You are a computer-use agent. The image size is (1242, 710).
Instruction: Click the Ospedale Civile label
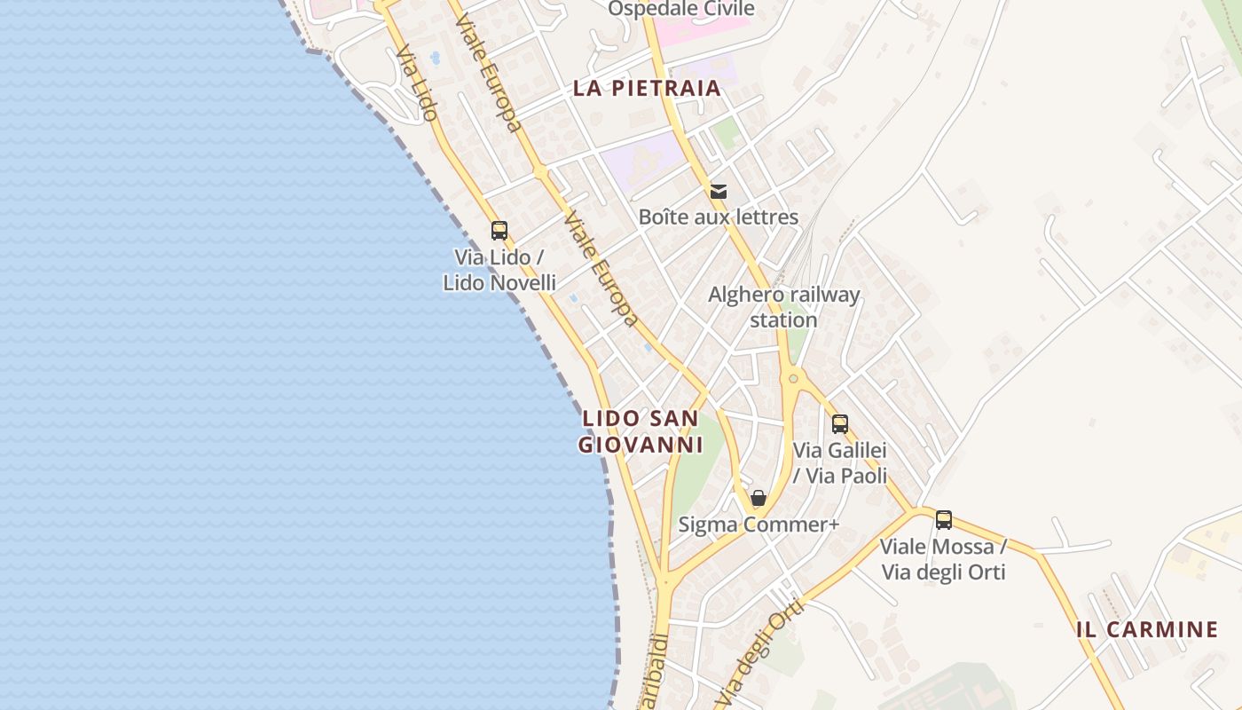point(680,9)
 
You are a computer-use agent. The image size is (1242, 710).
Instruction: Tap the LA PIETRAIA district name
point(646,89)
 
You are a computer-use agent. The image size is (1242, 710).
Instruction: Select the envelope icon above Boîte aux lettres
point(719,191)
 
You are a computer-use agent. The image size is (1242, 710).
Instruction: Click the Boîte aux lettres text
point(719,217)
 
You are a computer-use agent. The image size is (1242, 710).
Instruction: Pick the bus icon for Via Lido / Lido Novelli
point(499,231)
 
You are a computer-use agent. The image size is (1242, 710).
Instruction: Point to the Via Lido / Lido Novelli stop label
point(499,270)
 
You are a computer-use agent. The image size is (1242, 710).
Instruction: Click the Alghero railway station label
point(783,307)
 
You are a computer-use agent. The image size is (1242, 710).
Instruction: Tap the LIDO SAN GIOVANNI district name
point(641,431)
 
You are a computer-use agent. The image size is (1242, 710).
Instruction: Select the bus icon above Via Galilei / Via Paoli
point(840,424)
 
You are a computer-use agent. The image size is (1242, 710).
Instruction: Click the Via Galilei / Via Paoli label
point(840,463)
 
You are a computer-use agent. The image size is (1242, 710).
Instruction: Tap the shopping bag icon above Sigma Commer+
point(759,498)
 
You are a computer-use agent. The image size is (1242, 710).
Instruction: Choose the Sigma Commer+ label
point(759,525)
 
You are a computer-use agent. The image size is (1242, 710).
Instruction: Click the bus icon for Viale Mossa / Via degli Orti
point(944,520)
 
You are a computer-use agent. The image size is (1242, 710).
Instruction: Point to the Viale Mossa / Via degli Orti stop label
point(943,559)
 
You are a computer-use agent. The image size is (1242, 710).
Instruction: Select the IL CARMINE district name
point(1147,630)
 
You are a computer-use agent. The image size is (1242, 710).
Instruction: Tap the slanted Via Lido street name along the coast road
point(417,83)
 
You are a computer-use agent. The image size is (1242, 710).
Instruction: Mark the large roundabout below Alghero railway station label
point(793,379)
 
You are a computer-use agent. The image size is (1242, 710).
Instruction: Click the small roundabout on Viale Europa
point(539,172)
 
